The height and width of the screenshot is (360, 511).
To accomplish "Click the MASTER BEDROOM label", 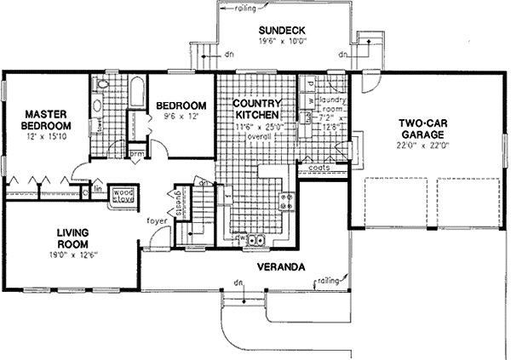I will [46, 119].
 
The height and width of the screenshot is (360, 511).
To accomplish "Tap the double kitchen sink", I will [254, 241].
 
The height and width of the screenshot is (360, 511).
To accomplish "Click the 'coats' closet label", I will [320, 169].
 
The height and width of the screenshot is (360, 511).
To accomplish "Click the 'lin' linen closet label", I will [98, 188].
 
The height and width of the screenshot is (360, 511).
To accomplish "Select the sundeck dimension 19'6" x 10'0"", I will [277, 45].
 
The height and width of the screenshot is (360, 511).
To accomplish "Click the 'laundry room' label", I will [331, 110].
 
